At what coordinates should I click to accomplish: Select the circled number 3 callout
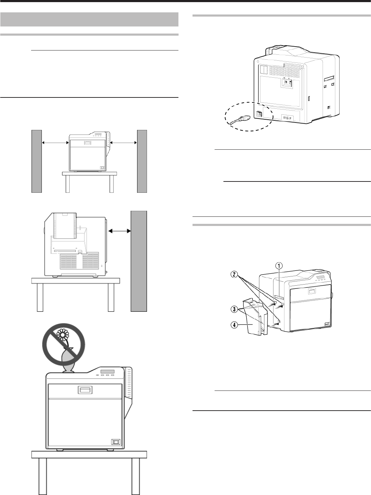tap(233, 310)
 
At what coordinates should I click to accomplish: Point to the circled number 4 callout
tap(234, 325)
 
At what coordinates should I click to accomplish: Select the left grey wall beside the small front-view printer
tap(37, 161)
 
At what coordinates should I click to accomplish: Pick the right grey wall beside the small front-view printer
tap(142, 161)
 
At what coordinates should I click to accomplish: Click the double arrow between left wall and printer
tap(55, 143)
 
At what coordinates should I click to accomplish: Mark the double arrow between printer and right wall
tap(124, 143)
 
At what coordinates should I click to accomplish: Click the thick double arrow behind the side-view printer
tap(120, 231)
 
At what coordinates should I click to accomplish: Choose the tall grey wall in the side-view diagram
tap(139, 261)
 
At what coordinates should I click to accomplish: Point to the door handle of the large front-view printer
tap(84, 390)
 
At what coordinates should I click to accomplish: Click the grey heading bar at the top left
tap(89, 19)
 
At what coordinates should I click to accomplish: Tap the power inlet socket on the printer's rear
tap(259, 114)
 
